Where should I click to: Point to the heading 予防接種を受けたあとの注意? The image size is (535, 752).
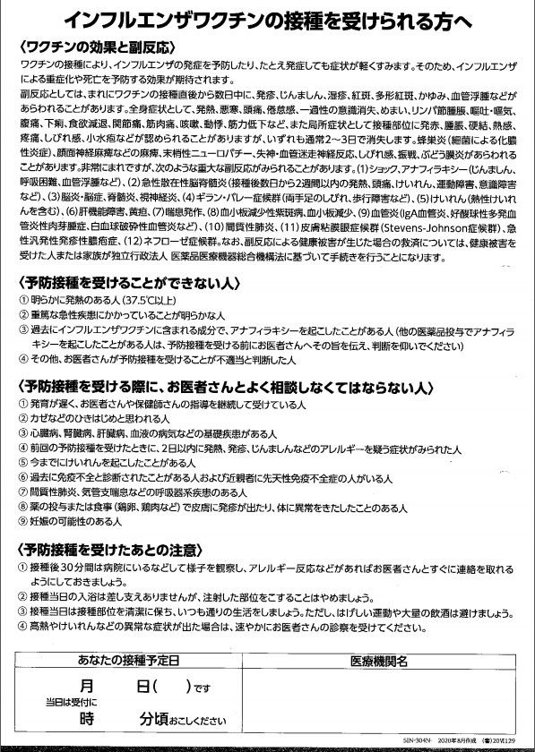pyautogui.click(x=108, y=548)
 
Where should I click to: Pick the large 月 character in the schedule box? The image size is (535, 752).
pyautogui.click(x=87, y=688)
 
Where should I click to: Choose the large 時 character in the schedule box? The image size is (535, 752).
pyautogui.click(x=87, y=720)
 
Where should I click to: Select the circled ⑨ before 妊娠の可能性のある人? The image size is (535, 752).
pyautogui.click(x=22, y=520)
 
